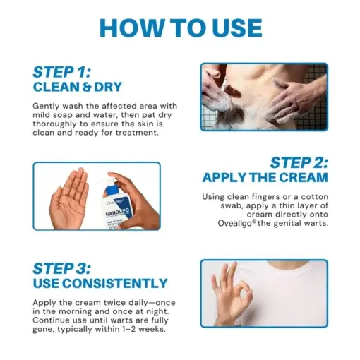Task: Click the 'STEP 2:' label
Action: click(x=299, y=162)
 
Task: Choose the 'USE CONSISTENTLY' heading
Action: click(x=100, y=284)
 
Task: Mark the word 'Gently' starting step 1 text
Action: click(x=47, y=105)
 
